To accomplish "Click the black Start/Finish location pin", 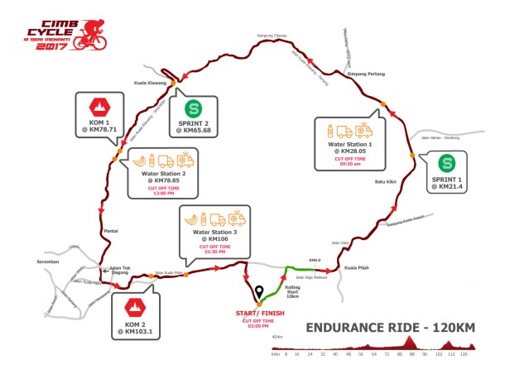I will [x=259, y=292].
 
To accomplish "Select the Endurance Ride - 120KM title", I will [x=390, y=325].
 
